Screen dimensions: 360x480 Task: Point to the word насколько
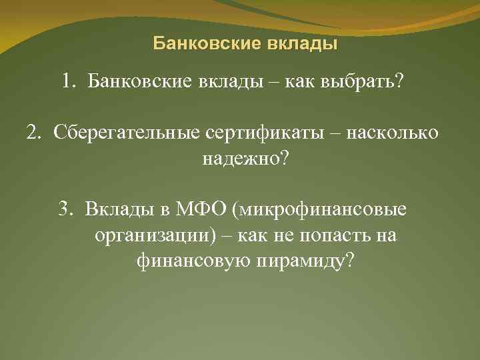pyautogui.click(x=399, y=133)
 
